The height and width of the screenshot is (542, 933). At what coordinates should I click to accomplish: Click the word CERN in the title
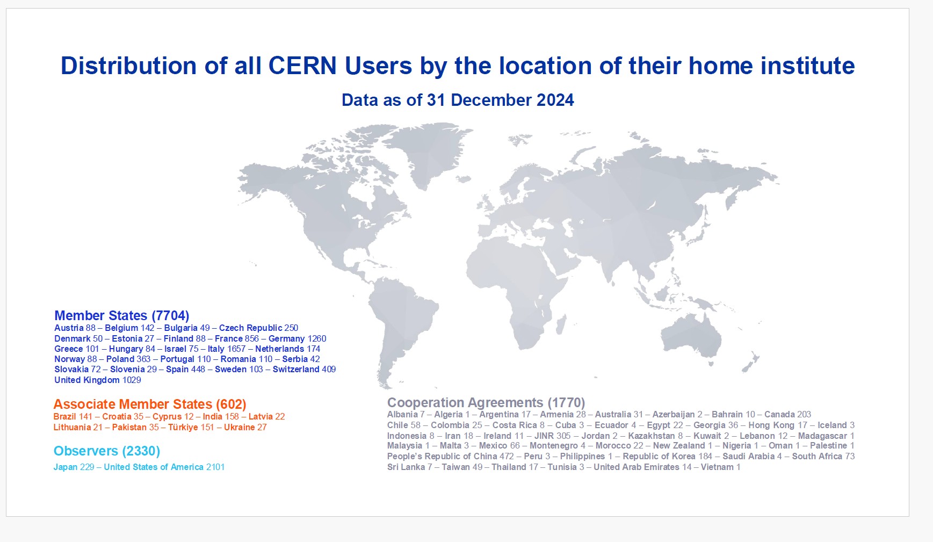[x=302, y=66]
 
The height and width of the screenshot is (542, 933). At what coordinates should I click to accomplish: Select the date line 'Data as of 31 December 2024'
[x=458, y=100]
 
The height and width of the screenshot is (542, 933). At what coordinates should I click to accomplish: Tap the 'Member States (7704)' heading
[x=122, y=315]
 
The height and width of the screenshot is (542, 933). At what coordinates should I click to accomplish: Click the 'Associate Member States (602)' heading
[x=150, y=404]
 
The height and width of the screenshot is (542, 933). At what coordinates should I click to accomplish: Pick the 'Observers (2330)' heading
[x=107, y=451]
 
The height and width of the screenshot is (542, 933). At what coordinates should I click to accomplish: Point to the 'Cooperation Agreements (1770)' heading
[x=486, y=402]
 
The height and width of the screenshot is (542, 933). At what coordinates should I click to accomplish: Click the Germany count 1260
[x=317, y=338]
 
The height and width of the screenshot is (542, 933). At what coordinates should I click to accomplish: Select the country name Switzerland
[x=296, y=369]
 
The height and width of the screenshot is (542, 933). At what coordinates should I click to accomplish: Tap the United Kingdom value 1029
[x=132, y=380]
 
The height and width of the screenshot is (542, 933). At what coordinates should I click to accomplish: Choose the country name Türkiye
[x=183, y=427]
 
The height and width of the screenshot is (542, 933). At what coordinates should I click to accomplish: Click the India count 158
[x=232, y=416]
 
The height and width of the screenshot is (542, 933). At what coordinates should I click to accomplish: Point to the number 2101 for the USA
[x=215, y=467]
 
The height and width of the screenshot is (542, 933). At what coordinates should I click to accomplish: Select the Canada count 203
[x=804, y=414]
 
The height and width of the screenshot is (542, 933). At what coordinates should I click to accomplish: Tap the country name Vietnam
[x=717, y=467]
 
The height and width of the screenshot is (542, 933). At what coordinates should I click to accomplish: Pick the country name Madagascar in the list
[x=822, y=436]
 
